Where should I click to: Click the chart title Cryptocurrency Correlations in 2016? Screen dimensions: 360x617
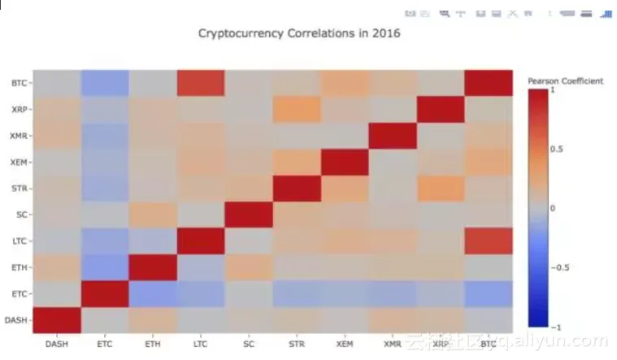(299, 34)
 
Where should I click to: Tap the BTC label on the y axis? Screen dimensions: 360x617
(18, 83)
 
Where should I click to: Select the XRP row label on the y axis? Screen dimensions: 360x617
(18, 109)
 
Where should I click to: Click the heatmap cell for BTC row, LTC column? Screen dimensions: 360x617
(201, 83)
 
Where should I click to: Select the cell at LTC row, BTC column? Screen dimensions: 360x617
(489, 241)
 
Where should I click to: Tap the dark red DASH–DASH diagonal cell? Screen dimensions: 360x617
(57, 319)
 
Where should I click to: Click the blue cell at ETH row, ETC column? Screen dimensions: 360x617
(105, 267)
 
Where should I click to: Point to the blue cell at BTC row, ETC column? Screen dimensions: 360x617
(105, 83)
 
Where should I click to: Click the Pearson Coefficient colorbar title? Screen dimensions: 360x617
(565, 81)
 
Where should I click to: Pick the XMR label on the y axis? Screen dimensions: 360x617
(18, 136)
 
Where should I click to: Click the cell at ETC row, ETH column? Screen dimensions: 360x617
(153, 293)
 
